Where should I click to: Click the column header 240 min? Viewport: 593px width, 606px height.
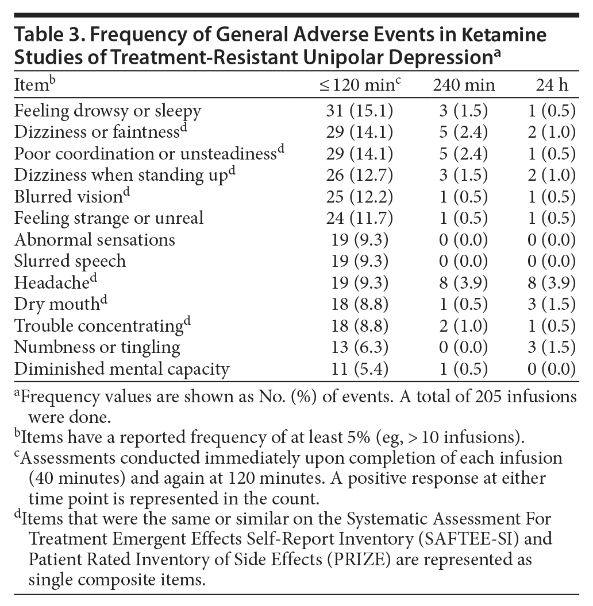click(464, 86)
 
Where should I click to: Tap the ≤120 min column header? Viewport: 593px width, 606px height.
click(359, 86)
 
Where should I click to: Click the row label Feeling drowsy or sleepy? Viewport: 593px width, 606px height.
click(108, 110)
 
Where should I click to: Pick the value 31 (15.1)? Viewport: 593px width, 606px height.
click(360, 110)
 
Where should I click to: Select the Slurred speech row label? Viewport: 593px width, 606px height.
click(70, 261)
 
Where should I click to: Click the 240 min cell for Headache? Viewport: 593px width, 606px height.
click(464, 283)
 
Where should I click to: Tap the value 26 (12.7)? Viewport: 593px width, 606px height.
click(360, 175)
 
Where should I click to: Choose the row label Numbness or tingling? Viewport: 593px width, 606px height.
click(97, 347)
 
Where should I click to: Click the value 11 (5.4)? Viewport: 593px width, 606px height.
click(360, 369)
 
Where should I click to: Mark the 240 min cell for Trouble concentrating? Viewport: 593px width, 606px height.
click(464, 326)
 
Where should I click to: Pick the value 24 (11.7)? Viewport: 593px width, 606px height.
click(360, 218)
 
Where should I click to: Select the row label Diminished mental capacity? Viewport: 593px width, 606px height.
click(122, 369)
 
